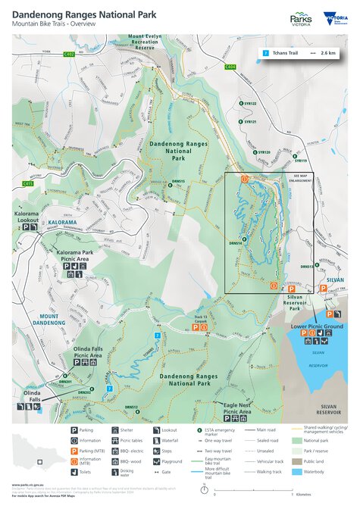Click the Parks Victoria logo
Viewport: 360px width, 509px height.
[x=301, y=19]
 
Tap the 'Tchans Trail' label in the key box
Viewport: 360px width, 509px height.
[x=286, y=53]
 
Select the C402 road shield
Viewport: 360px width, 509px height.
[x=69, y=55]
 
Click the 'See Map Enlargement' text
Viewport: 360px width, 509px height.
[x=301, y=178]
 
